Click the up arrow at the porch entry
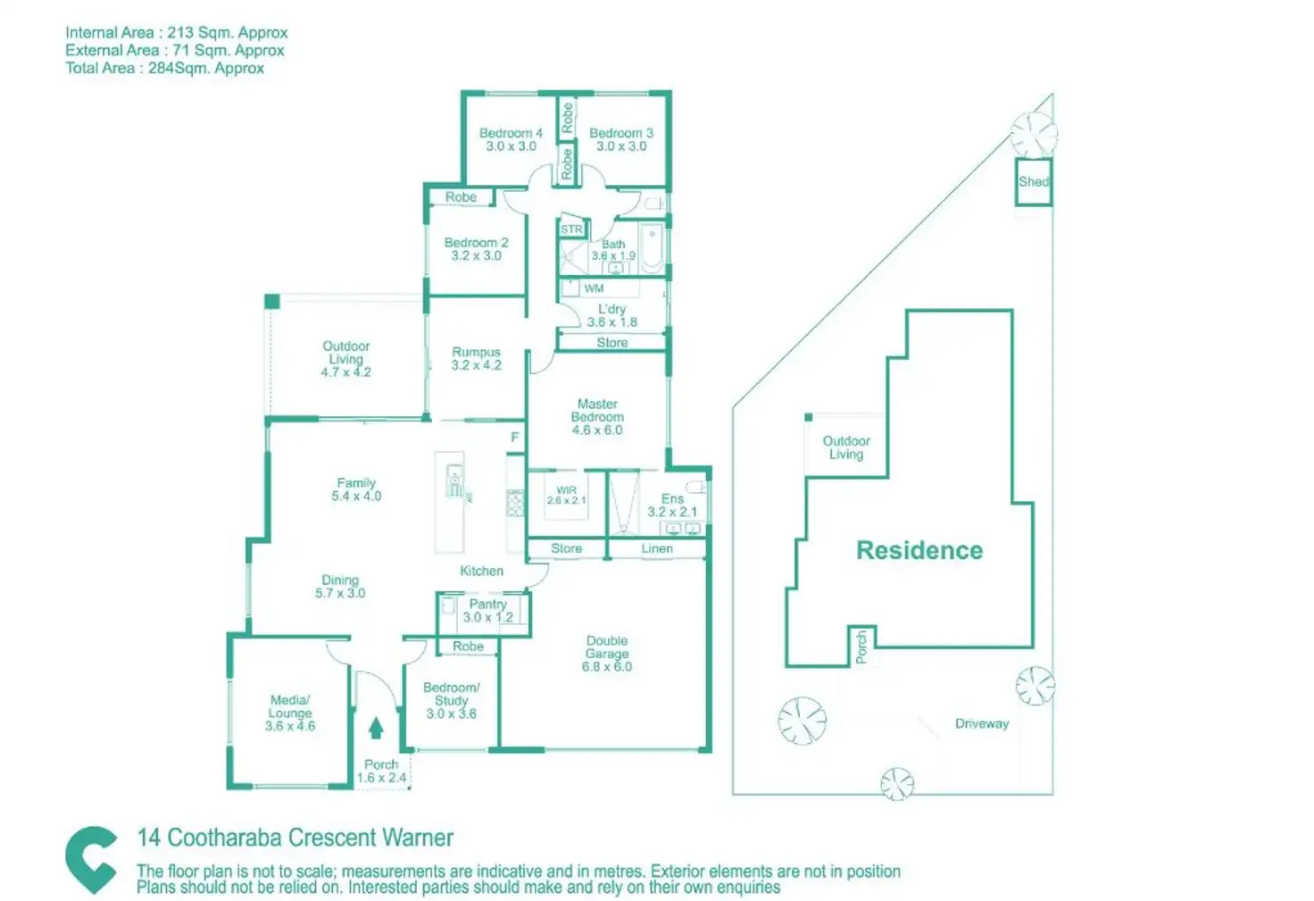coord(376,728)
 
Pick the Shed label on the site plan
coord(1034,182)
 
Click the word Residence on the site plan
coord(919,550)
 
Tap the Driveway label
coord(982,723)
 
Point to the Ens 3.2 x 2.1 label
coord(672,505)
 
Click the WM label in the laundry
coord(594,288)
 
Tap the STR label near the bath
coord(571,229)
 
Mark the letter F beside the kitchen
coord(514,438)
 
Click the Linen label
coord(657,548)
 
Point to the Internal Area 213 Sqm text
coord(177,33)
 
